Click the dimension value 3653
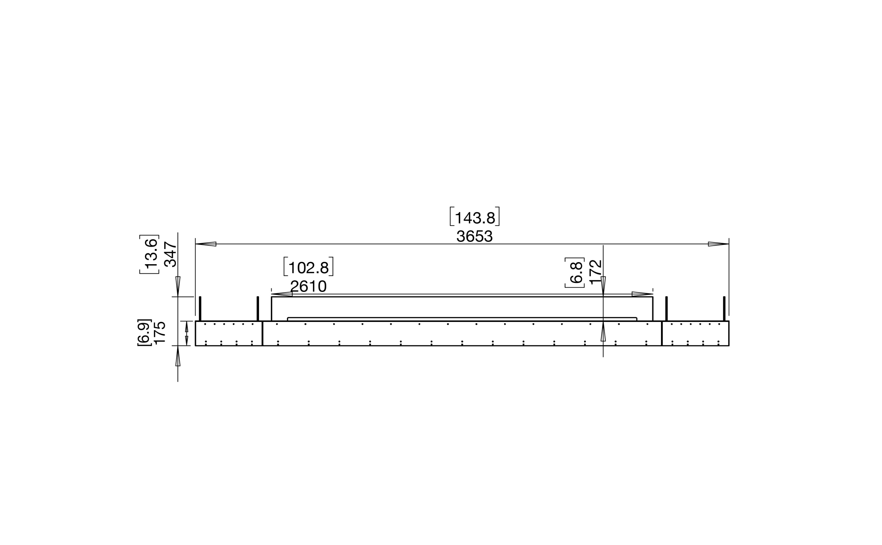coord(474,236)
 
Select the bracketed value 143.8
coord(474,217)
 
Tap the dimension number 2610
coord(308,287)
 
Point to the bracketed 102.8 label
coord(308,267)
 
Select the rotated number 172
coord(596,272)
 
